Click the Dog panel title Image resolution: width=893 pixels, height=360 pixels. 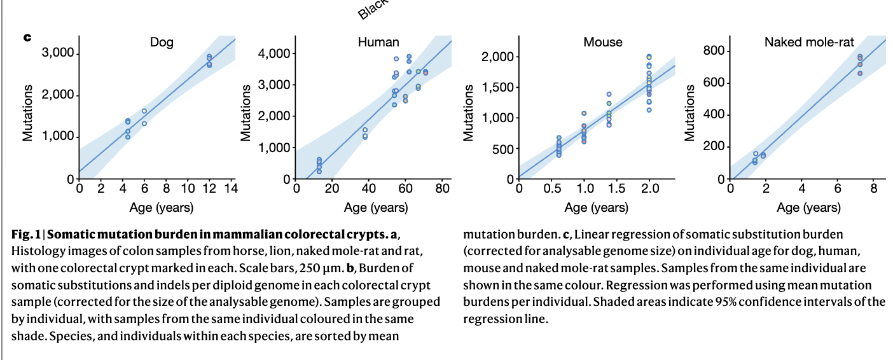162,43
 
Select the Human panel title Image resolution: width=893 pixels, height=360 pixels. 378,43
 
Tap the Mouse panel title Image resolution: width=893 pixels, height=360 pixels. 603,43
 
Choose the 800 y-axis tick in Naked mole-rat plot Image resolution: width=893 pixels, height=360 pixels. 712,51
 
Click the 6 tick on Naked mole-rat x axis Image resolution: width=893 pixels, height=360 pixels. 838,189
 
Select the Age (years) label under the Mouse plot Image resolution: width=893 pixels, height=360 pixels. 597,207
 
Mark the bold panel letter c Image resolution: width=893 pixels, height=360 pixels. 27,38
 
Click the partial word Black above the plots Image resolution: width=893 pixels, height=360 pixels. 371,10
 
